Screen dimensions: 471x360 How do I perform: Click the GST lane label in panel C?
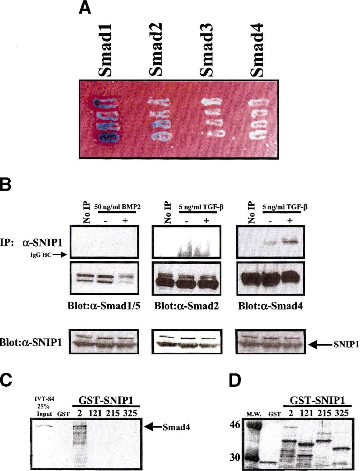pos(64,414)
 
